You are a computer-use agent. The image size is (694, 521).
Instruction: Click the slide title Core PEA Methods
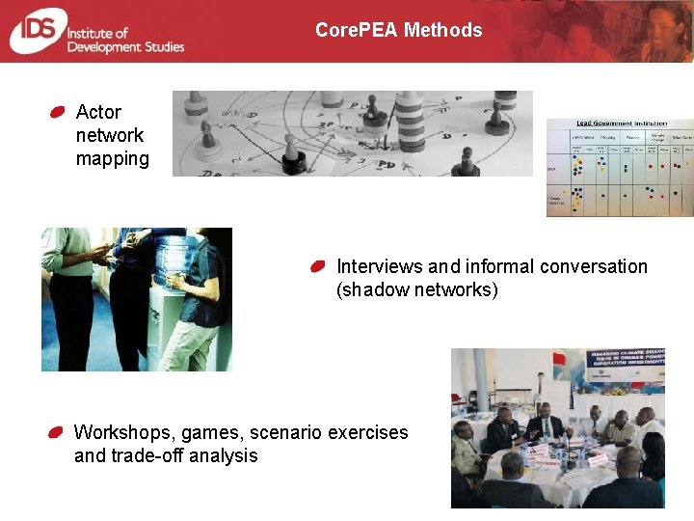398,30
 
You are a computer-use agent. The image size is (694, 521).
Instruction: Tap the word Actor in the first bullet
98,112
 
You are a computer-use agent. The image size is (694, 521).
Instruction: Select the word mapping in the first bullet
112,158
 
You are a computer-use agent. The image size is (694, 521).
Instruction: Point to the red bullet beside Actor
58,112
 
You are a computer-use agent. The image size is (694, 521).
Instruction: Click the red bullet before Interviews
319,265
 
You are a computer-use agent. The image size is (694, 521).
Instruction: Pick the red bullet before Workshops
58,431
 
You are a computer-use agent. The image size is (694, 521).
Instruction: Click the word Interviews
379,266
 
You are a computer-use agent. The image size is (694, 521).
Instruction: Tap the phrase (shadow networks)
416,289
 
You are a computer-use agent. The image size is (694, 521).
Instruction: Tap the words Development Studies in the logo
125,46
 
